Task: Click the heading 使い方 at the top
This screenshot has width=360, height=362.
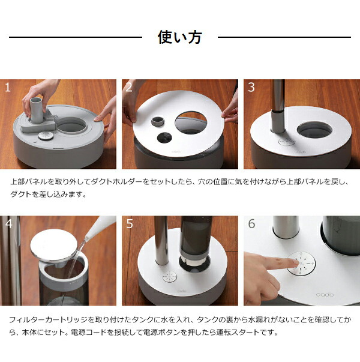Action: pos(179,37)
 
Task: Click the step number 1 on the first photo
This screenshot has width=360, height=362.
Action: pos(8,87)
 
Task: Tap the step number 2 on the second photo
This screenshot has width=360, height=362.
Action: pos(129,87)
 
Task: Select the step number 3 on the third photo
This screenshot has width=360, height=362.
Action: pos(251,87)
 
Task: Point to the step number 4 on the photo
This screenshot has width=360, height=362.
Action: pos(8,224)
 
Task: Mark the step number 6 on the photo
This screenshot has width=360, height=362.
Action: pos(251,224)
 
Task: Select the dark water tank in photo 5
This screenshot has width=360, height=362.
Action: pos(195,240)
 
